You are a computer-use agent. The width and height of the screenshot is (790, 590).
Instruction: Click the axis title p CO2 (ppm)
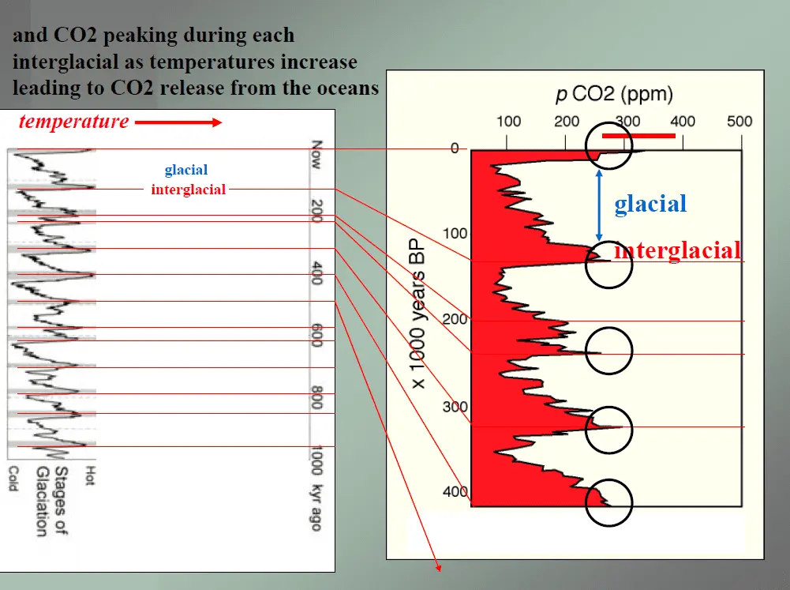coord(614,94)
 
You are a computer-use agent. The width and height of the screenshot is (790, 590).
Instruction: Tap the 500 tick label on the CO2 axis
coord(739,122)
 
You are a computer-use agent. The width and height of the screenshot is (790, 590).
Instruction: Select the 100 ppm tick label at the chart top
coord(508,122)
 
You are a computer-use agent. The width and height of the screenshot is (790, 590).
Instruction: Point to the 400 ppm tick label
coord(682,122)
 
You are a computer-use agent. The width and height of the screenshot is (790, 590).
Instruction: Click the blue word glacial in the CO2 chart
coord(650,204)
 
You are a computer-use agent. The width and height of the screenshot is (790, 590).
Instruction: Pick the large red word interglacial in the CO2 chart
coord(677,250)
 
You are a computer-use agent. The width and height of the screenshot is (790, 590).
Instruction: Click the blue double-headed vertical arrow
coord(599,205)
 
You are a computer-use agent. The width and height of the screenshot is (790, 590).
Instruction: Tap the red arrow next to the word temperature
coord(178,122)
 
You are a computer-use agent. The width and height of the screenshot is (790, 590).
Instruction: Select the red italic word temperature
coord(74,122)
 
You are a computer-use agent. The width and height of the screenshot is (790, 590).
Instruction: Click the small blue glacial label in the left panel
coord(186,170)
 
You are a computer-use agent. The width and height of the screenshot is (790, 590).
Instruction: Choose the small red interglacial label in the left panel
coord(189,190)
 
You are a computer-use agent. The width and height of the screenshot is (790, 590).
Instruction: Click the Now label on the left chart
coord(316,154)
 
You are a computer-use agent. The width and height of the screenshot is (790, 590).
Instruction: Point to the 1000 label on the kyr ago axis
coord(316,460)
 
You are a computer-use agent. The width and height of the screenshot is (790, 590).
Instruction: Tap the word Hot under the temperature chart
coord(89,475)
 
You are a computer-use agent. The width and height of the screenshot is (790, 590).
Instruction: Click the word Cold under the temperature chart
coord(13,478)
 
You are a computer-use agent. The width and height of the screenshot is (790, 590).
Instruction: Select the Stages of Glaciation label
coord(52,502)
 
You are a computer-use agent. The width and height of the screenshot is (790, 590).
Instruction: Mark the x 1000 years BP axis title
coord(419,313)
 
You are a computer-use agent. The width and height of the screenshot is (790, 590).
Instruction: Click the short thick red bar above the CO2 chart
coord(638,135)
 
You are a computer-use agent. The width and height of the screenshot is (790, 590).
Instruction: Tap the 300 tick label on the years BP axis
coord(455,407)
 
